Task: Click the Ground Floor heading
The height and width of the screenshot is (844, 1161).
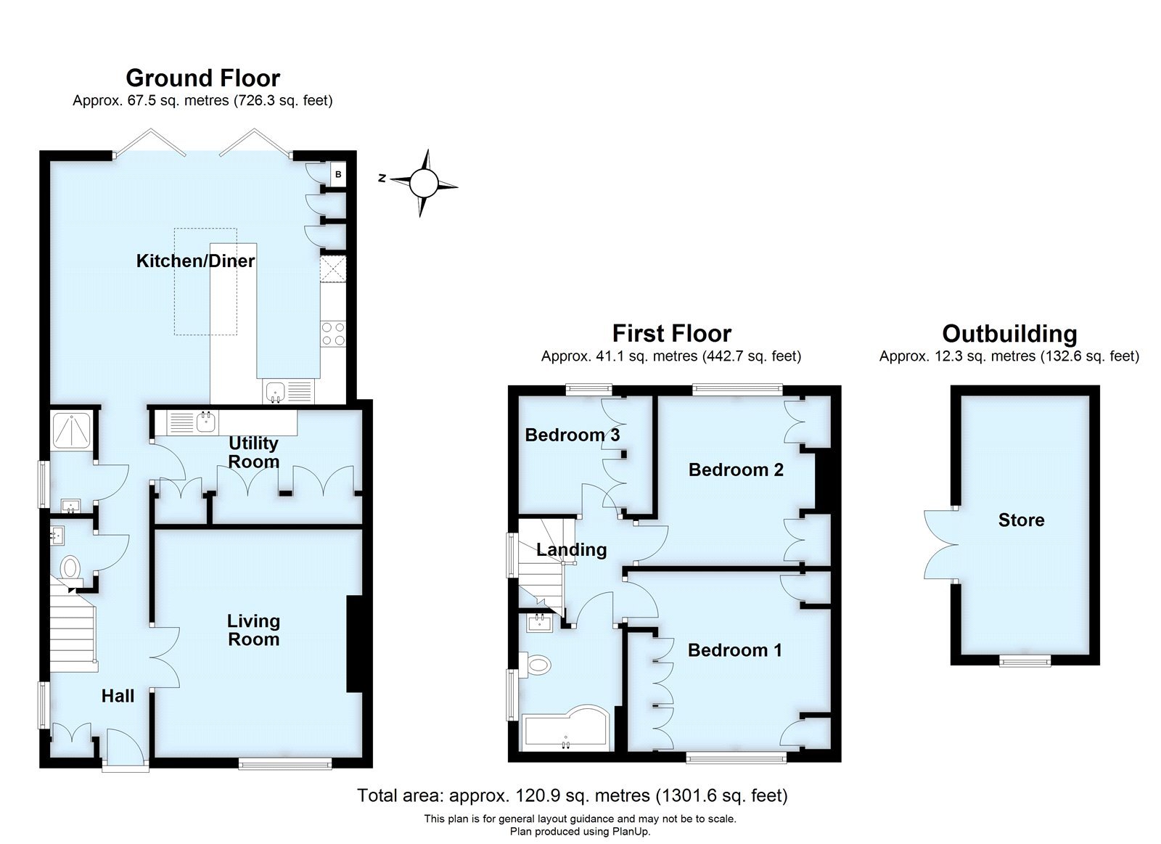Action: click(x=202, y=78)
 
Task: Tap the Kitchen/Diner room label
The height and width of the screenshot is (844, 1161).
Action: click(x=195, y=261)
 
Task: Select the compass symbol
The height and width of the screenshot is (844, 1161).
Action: click(x=424, y=183)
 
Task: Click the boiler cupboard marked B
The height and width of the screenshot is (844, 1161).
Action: click(x=338, y=175)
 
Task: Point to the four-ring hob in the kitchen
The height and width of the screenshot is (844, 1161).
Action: click(x=333, y=334)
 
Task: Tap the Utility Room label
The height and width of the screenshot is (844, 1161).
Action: click(x=253, y=452)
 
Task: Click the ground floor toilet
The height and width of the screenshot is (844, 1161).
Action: click(x=70, y=568)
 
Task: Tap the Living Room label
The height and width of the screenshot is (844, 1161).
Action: click(x=253, y=630)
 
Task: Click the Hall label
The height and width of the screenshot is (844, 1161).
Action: click(x=118, y=697)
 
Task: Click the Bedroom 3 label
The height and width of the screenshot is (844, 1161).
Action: click(x=572, y=435)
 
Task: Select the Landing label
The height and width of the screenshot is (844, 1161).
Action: click(x=571, y=549)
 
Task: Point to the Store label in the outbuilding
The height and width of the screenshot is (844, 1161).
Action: click(x=1021, y=520)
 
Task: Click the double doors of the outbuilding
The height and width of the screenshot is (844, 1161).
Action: click(x=939, y=544)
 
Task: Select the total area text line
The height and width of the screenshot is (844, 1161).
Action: click(x=572, y=795)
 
